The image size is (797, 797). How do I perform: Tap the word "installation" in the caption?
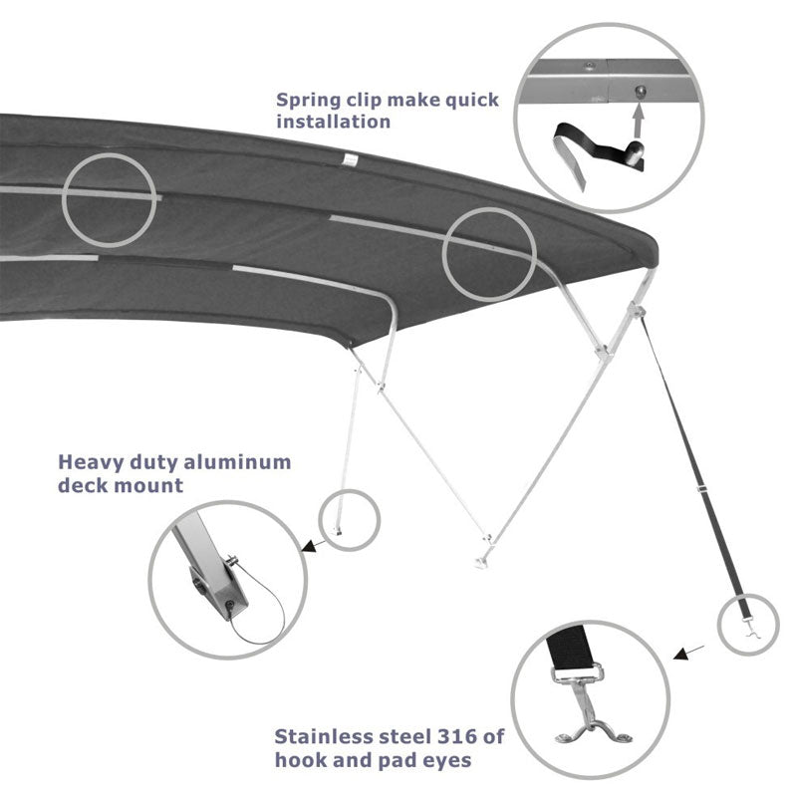[x=334, y=122]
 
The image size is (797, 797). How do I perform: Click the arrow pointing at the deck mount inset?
[x=312, y=546]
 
